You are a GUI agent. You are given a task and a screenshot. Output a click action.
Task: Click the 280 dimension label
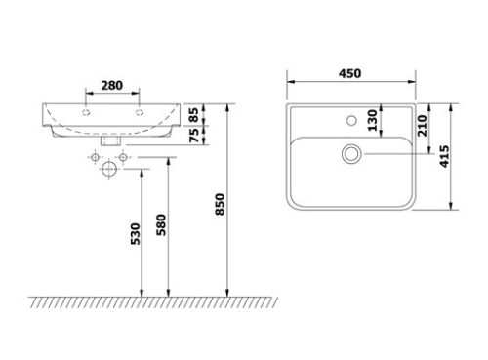pyautogui.click(x=112, y=86)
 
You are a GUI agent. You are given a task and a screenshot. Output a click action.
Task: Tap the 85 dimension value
pyautogui.click(x=194, y=115)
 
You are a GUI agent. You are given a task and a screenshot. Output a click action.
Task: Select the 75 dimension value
pyautogui.click(x=194, y=136)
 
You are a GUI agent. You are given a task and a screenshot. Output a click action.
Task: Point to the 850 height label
pyautogui.click(x=220, y=204)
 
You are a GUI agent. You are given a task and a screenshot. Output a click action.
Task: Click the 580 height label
pyautogui.click(x=161, y=224)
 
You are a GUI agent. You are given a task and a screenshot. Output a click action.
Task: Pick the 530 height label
pyautogui.click(x=135, y=234)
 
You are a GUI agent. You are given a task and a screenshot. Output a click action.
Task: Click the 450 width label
pyautogui.click(x=349, y=73)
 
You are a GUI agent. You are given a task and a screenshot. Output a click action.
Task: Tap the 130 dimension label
pyautogui.click(x=372, y=120)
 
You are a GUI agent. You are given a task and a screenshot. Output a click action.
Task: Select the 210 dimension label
pyautogui.click(x=422, y=126)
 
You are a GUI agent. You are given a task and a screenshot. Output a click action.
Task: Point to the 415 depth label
pyautogui.click(x=444, y=156)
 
